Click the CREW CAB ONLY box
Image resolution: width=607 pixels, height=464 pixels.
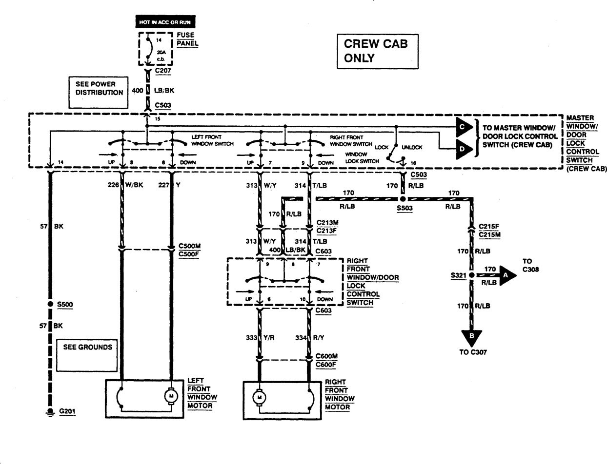[x=377, y=51]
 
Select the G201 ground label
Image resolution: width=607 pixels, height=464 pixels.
[x=68, y=411]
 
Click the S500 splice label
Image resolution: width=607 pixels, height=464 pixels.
[x=65, y=305]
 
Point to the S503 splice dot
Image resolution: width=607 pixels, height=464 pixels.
[x=403, y=199]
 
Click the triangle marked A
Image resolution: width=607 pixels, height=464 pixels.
[x=506, y=275]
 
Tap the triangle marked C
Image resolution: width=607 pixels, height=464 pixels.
[x=463, y=128]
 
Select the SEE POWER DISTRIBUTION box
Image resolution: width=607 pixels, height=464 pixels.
[x=99, y=92]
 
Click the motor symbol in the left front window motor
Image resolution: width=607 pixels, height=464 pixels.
[x=171, y=396]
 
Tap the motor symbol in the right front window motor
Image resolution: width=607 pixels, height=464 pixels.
[x=259, y=398]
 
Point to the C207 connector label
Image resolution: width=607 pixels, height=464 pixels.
[x=163, y=70]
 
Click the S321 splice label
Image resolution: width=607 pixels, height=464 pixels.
[x=459, y=276]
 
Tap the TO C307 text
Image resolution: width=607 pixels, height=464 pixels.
[x=473, y=352]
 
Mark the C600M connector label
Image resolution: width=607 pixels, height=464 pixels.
[x=326, y=356]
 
